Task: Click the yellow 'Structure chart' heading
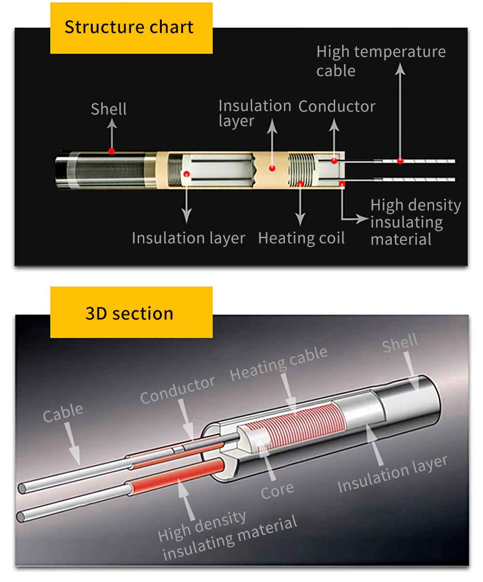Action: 129,28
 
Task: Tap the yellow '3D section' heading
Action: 129,313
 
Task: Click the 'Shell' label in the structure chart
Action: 109,109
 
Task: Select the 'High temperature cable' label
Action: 381,61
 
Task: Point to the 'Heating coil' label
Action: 301,238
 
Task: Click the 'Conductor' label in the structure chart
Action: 337,106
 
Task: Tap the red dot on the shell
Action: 112,151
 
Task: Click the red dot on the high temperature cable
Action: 400,161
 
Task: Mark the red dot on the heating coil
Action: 300,184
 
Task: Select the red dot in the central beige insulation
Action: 272,168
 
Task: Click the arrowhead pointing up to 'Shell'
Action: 112,123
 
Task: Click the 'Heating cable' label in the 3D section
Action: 279,363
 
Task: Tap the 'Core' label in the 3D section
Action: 277,490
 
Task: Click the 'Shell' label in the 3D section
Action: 400,343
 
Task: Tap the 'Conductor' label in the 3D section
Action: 177,390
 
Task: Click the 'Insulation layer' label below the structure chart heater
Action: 188,238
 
